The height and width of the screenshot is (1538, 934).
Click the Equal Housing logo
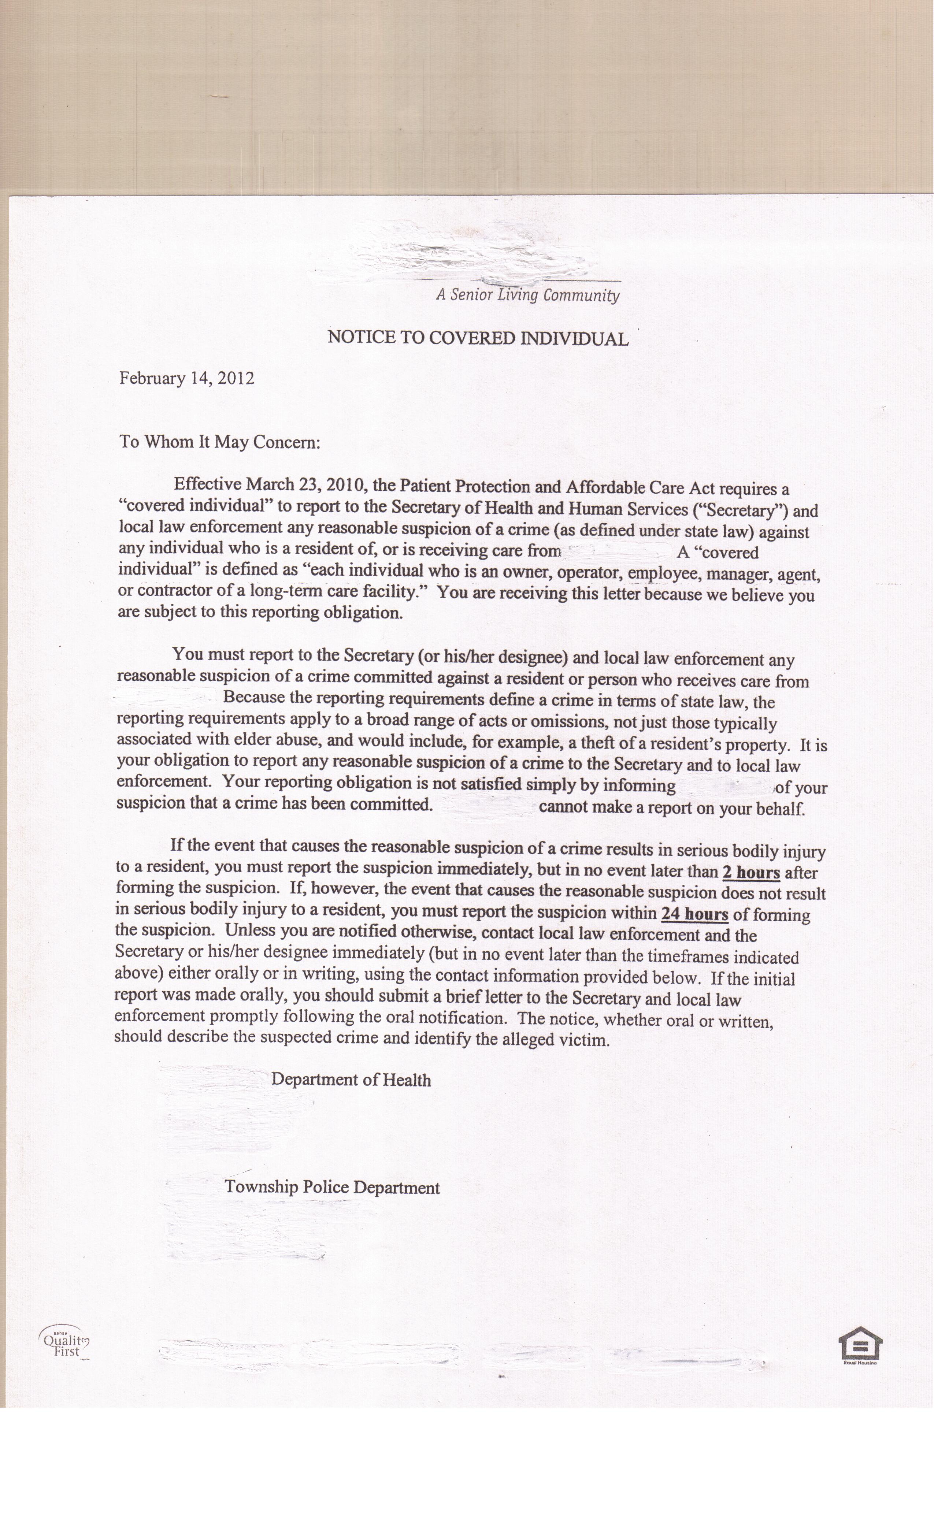pos(860,1344)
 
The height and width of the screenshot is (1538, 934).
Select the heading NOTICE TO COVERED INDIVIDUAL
pos(478,338)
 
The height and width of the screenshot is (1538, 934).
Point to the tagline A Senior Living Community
pos(527,295)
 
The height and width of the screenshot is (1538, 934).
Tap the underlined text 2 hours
pos(751,872)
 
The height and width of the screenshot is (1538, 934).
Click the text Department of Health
pos(351,1080)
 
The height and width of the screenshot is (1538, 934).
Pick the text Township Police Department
pos(332,1187)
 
